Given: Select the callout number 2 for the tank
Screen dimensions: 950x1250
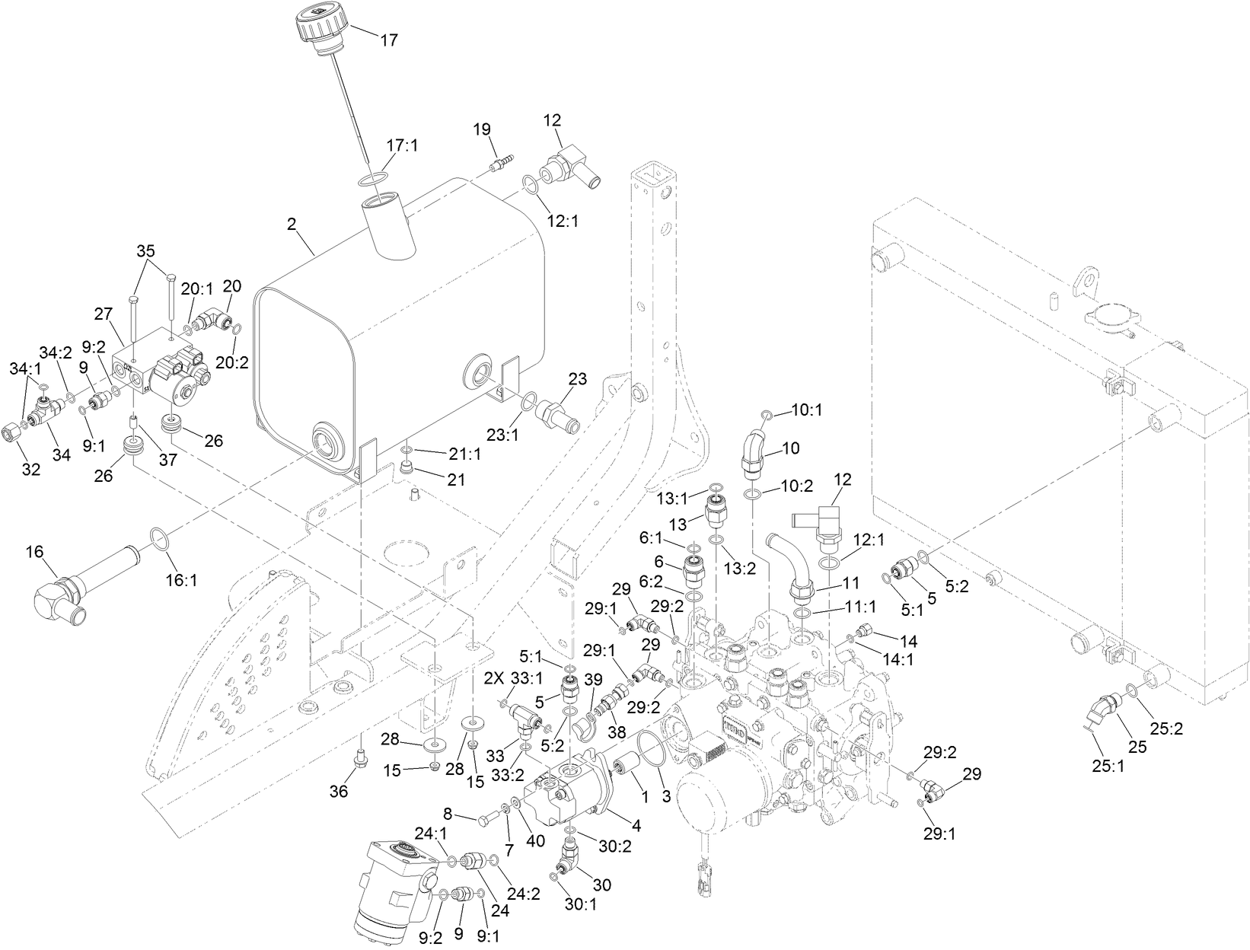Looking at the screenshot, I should tap(292, 224).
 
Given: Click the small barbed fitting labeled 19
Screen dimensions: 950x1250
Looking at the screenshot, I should tap(500, 164).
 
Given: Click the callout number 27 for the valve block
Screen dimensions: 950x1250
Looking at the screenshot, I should tap(103, 313).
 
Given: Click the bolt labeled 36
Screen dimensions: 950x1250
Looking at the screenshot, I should tap(360, 758).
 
